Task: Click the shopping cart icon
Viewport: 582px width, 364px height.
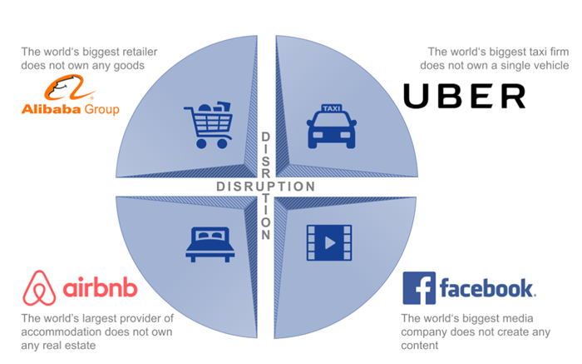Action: coord(208,125)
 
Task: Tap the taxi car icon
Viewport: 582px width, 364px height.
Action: coord(332,126)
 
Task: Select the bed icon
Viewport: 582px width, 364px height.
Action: coord(210,244)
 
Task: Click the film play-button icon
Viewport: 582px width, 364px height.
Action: coord(329,242)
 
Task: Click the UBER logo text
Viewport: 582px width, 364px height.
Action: coord(464,96)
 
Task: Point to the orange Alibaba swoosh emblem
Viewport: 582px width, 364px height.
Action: coord(69,87)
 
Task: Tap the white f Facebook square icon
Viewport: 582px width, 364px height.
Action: coord(419,287)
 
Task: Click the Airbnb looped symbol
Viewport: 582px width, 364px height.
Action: coord(39,287)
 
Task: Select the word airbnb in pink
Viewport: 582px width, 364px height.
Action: coord(101,287)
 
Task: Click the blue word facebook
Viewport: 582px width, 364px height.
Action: coord(487,287)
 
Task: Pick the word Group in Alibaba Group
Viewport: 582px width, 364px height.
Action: coord(102,110)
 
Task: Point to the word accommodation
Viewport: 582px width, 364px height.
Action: coord(54,332)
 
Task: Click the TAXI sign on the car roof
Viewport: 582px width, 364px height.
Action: coord(332,108)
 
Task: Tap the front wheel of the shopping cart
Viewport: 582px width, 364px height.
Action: coord(201,143)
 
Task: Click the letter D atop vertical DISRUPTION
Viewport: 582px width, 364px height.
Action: coord(265,137)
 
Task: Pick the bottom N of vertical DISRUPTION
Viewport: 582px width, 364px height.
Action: coord(265,235)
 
